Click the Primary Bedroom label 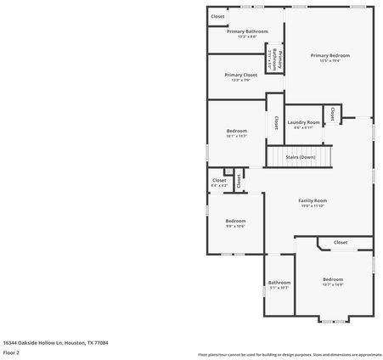329,55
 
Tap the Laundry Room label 303,122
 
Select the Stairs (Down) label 300,157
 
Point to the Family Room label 313,200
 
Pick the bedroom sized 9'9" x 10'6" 235,222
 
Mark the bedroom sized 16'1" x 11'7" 236,132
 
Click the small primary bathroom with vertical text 274,59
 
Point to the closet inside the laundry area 333,114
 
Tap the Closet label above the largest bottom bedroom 340,242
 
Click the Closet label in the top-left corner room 218,16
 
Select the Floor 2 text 12,352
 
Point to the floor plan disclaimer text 290,354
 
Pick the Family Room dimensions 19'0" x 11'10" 313,205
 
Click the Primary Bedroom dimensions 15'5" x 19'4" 329,60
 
